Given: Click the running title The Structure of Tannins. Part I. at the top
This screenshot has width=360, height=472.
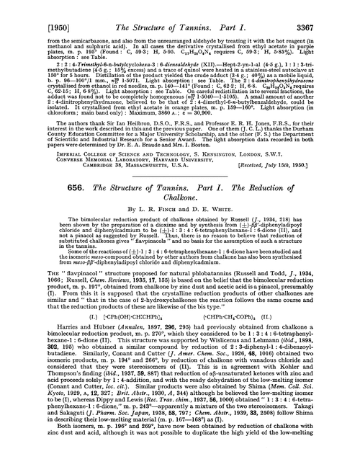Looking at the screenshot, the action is pyautogui.click(x=179, y=9).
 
